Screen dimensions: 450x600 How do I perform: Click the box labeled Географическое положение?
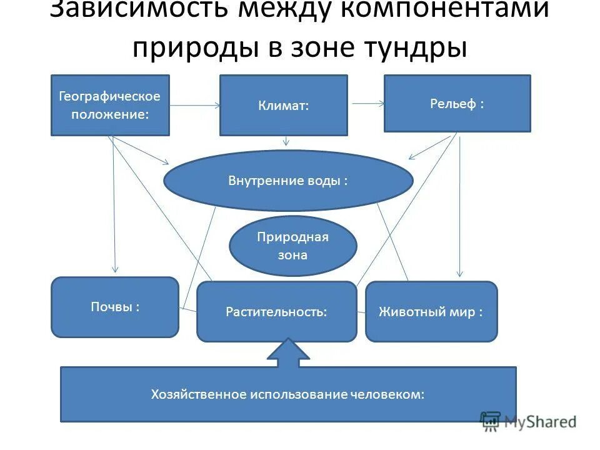[110, 105]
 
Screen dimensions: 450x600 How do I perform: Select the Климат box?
[283, 105]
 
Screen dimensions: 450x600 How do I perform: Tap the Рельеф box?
[457, 103]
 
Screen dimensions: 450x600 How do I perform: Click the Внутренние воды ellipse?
[288, 181]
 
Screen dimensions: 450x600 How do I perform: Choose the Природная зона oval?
[293, 246]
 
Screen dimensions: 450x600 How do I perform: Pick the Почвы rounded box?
[114, 307]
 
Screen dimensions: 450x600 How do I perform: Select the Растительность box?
[276, 311]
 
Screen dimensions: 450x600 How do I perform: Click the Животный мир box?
[431, 311]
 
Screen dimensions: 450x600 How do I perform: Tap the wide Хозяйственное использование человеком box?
[288, 394]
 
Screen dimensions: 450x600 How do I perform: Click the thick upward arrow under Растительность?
[288, 352]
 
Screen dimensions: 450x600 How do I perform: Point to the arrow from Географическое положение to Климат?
[194, 106]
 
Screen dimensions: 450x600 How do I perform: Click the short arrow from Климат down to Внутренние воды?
[286, 142]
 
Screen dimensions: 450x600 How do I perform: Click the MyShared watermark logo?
[528, 421]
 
